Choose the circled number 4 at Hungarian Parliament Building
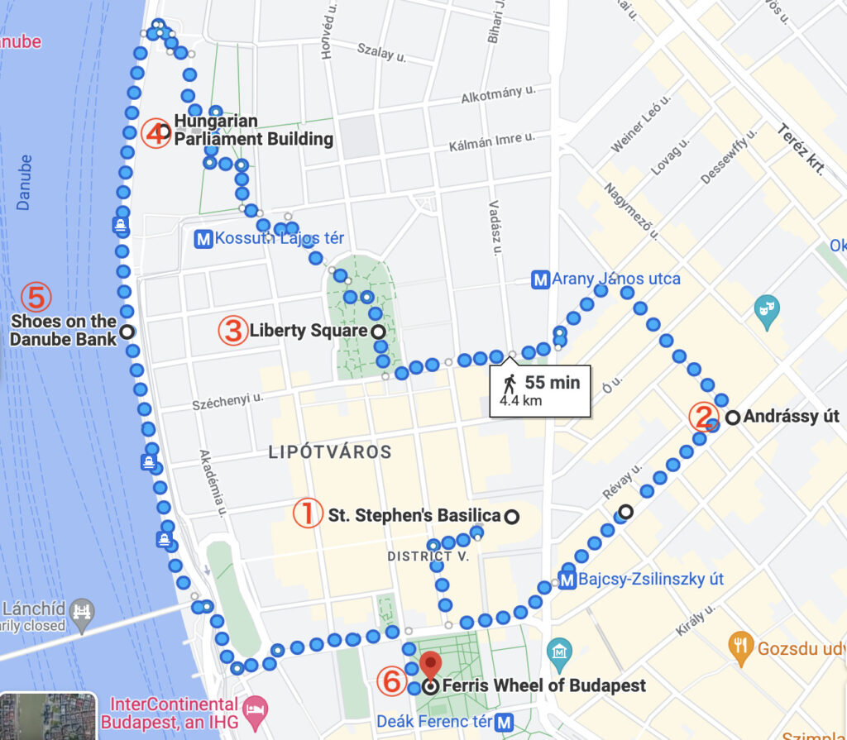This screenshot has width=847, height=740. (x=155, y=132)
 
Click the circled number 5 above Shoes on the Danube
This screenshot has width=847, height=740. (x=36, y=295)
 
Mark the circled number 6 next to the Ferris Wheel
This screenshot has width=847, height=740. (x=391, y=683)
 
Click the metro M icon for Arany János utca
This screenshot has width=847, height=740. (x=540, y=279)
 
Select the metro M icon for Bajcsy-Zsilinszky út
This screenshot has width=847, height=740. (x=567, y=580)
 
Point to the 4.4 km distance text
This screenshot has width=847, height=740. (x=521, y=401)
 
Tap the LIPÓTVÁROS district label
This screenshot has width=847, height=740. (x=330, y=452)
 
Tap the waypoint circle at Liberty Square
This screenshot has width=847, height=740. (x=378, y=332)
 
